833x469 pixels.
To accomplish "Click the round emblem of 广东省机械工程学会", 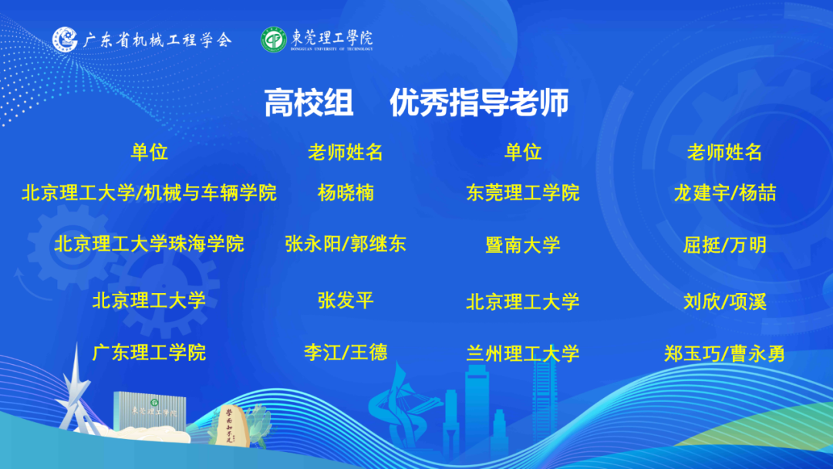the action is point(65,39).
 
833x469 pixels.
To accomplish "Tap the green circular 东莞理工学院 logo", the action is point(274,40).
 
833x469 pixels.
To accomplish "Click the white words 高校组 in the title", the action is point(309,103).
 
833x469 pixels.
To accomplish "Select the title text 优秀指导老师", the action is point(479,103).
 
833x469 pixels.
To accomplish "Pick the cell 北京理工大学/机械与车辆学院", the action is point(150,193).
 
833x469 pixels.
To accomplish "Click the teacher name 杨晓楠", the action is point(346,193).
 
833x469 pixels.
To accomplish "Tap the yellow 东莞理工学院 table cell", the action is point(523,193).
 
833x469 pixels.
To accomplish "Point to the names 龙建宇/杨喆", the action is point(725,193).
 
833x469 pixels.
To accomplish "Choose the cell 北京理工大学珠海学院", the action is point(150,244).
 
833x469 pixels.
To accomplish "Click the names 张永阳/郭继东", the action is point(346,244).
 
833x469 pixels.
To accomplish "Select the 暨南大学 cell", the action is point(523,245).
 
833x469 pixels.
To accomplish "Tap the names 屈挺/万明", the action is point(725,245).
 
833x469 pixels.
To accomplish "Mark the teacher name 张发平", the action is point(346,301).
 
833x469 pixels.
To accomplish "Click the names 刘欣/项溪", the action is point(725,302).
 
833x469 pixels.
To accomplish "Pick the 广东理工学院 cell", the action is point(150,353).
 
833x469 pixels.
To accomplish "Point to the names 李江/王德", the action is point(346,353).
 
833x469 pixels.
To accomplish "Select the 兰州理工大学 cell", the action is point(523,354).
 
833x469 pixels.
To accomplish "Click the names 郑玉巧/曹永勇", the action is point(725,354).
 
